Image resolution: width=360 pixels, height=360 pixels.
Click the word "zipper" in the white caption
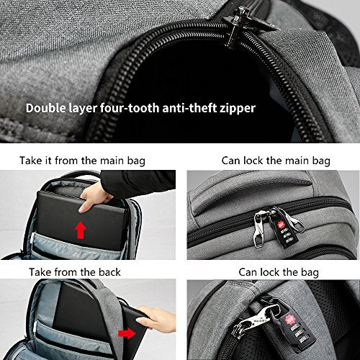point(238,109)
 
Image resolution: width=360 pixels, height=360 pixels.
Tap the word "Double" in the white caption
point(46,108)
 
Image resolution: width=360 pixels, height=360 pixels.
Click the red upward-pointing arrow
point(81,230)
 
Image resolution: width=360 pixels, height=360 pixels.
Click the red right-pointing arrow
point(127,333)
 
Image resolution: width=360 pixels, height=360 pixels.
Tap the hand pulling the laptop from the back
point(157,319)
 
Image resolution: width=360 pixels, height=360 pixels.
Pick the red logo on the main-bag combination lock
point(281,225)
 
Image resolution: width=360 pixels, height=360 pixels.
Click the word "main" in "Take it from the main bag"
point(112,161)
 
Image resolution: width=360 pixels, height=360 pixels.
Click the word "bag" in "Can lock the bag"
point(310,273)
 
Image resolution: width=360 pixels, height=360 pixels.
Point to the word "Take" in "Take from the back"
point(40,272)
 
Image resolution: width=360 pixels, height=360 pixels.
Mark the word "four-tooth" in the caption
point(130,108)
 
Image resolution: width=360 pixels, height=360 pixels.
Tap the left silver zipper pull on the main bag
point(259,228)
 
